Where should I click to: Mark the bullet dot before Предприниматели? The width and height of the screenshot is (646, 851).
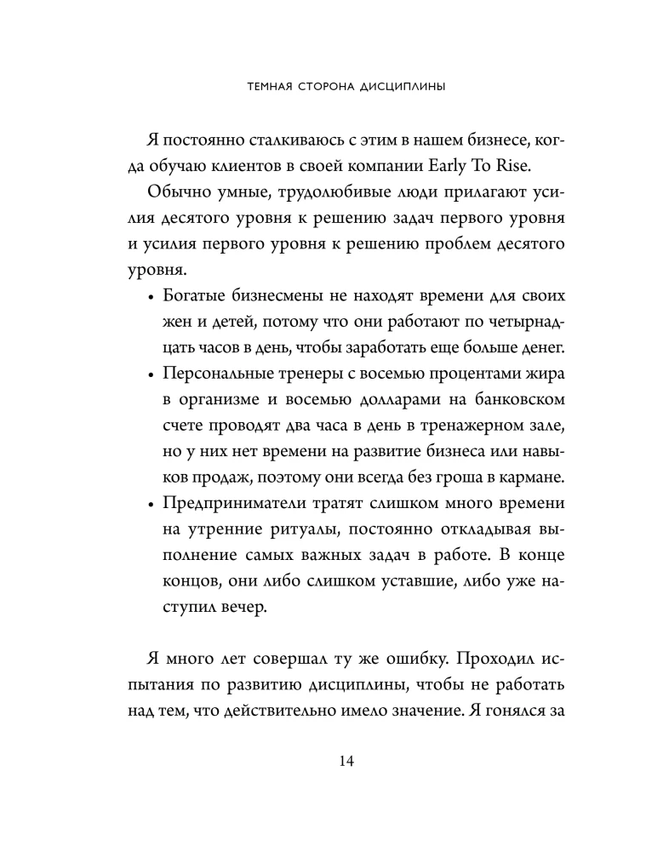coord(152,505)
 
